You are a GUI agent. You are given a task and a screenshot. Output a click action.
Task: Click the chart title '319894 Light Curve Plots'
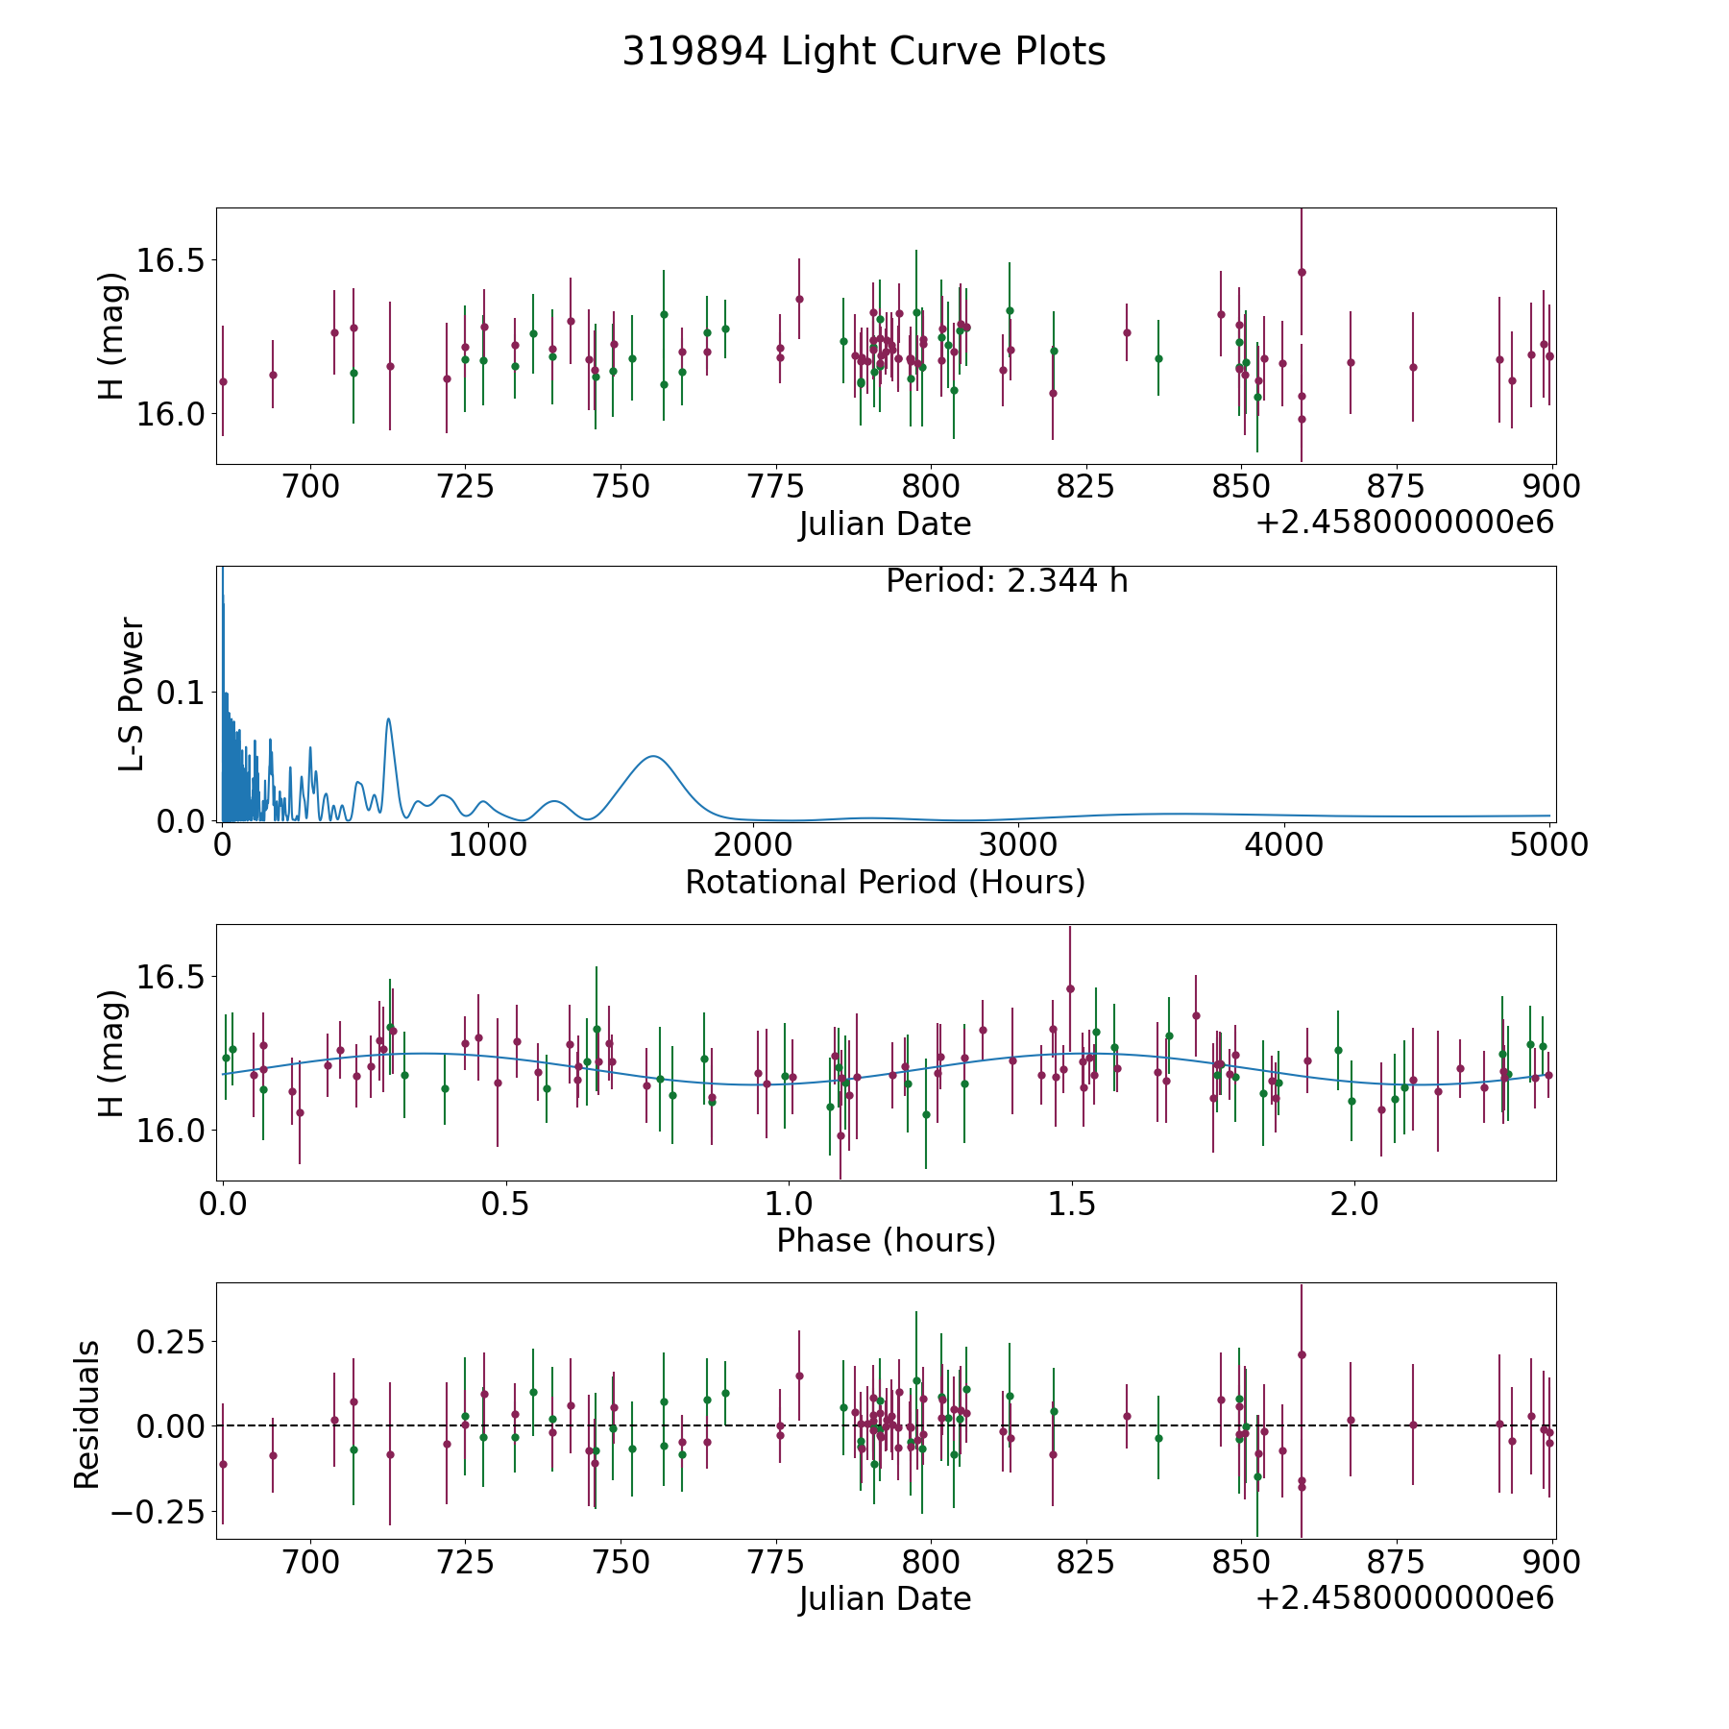864,52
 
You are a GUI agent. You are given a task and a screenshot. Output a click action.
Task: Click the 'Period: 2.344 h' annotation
1007,581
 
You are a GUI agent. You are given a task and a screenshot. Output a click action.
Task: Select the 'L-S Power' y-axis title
132,694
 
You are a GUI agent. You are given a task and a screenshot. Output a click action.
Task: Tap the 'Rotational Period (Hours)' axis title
885,882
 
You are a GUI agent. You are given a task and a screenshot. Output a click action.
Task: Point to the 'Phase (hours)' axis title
886,1240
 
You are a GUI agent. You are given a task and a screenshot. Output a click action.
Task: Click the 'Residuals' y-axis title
87,1414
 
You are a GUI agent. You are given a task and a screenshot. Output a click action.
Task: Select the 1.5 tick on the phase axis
1071,1203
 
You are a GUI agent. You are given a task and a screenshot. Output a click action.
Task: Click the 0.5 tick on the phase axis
506,1203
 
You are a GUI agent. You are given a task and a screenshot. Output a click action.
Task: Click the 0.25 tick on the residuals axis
171,1341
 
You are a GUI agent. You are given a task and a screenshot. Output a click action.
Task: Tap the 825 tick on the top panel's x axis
1086,486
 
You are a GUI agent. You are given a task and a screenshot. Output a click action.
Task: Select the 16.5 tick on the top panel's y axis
171,260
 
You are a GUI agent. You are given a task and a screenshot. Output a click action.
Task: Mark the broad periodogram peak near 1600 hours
653,757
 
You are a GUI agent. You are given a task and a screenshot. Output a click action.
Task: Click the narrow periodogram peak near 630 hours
388,718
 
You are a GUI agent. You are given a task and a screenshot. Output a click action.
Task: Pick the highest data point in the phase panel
1070,988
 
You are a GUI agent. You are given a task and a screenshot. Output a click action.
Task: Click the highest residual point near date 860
1302,1354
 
